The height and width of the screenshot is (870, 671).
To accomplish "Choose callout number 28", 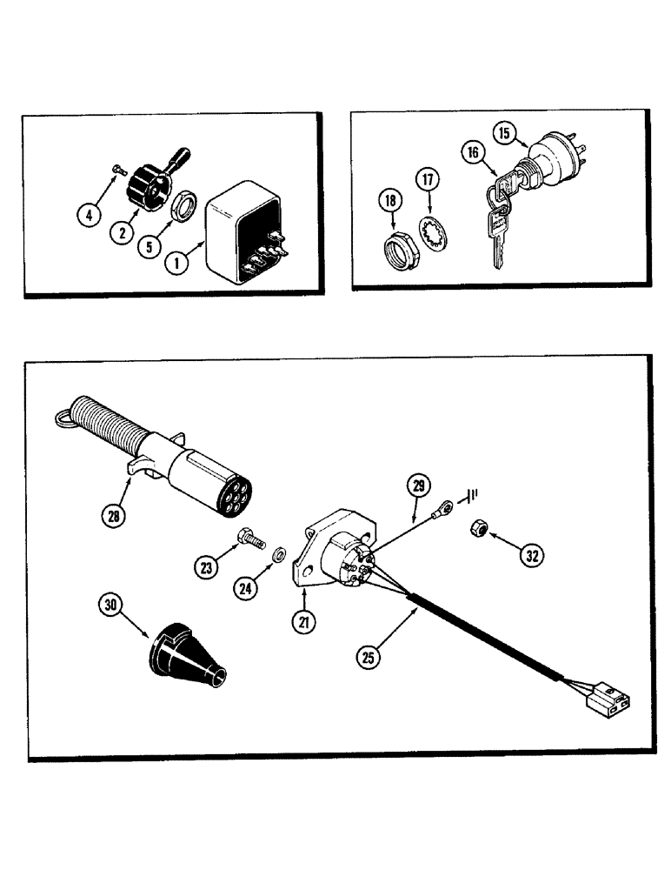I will pyautogui.click(x=114, y=515).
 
